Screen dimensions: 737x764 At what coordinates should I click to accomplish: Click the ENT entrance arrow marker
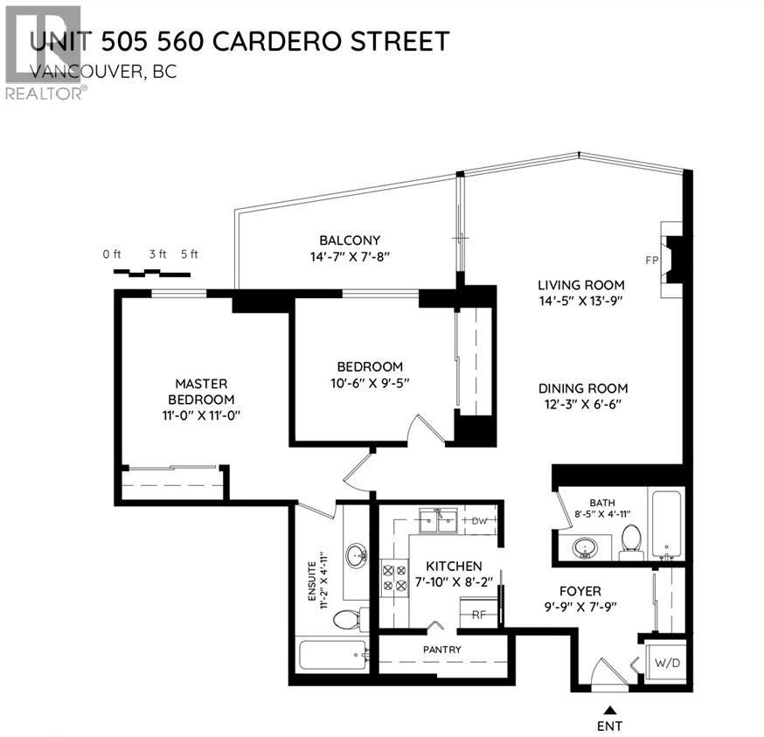(x=611, y=708)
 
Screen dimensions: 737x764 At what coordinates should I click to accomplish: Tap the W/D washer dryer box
(x=667, y=664)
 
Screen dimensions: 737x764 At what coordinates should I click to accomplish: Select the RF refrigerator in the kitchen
(x=478, y=613)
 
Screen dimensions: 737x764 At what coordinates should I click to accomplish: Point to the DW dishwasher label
(x=478, y=521)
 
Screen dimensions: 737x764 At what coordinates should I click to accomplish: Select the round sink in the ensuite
(x=357, y=555)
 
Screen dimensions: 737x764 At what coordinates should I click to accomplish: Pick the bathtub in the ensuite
(x=332, y=655)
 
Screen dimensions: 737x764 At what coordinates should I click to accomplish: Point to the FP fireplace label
(x=651, y=260)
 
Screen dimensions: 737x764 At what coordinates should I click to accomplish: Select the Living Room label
(x=580, y=284)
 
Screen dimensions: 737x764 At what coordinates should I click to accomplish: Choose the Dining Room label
(x=583, y=388)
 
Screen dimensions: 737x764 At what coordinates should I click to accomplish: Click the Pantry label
(x=441, y=650)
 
